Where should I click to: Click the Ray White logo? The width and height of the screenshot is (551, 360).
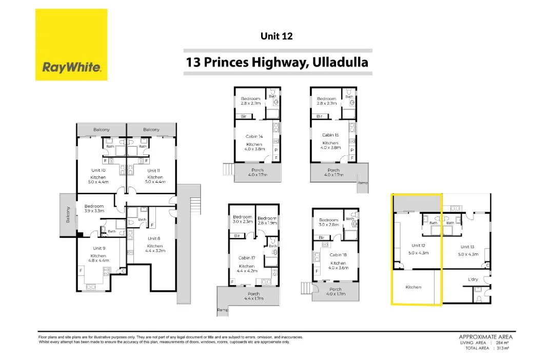[x=71, y=45]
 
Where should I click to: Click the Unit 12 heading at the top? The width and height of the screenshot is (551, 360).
[x=277, y=36]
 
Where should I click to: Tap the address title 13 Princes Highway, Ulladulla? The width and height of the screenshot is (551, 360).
[x=278, y=63]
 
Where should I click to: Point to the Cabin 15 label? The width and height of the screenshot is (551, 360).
[x=329, y=135]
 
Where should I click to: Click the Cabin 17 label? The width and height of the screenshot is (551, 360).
[x=246, y=258]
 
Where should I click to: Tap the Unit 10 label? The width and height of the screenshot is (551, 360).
[x=98, y=170]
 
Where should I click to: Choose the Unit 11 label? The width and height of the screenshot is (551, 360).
[x=152, y=170]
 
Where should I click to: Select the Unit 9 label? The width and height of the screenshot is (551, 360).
[x=98, y=248]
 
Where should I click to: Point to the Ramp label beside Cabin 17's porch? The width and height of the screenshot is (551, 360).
[x=222, y=310]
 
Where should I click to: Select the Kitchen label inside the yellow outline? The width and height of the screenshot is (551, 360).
[x=413, y=287]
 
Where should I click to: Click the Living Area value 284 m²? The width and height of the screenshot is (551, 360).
[x=501, y=342]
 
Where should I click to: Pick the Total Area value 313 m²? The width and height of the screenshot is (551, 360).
[x=501, y=348]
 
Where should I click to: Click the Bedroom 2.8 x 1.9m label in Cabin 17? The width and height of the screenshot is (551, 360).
[x=267, y=219]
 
